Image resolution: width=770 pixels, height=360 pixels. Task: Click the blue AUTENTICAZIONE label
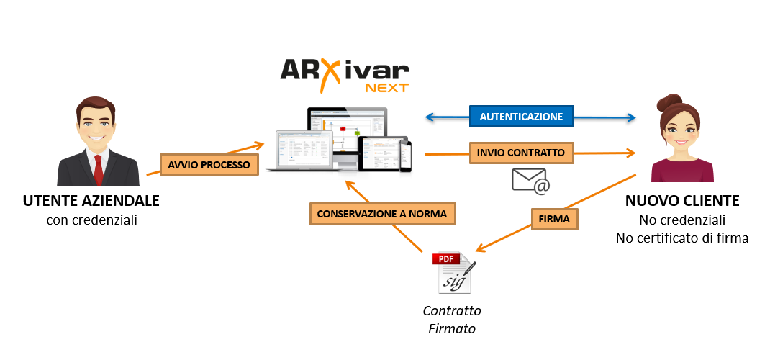point(521,116)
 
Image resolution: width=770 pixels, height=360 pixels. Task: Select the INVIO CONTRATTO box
point(521,153)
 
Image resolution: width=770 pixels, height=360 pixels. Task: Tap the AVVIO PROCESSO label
point(209,165)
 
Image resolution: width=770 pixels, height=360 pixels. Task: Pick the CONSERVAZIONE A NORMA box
point(383,214)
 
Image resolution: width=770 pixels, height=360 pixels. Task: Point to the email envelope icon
point(530,180)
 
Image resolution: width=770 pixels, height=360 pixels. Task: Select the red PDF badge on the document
point(446,258)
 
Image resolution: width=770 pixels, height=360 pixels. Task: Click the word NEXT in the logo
point(386,88)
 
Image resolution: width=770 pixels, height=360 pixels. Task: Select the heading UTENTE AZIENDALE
point(91,200)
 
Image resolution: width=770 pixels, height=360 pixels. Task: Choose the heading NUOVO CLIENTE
point(681,201)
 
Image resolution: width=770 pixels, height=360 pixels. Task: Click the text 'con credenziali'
point(91,220)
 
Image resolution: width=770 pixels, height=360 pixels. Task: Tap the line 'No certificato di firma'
point(681,238)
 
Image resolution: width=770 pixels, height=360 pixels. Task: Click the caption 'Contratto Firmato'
point(452,320)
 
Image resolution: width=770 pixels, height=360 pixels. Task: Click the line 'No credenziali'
point(681,220)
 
